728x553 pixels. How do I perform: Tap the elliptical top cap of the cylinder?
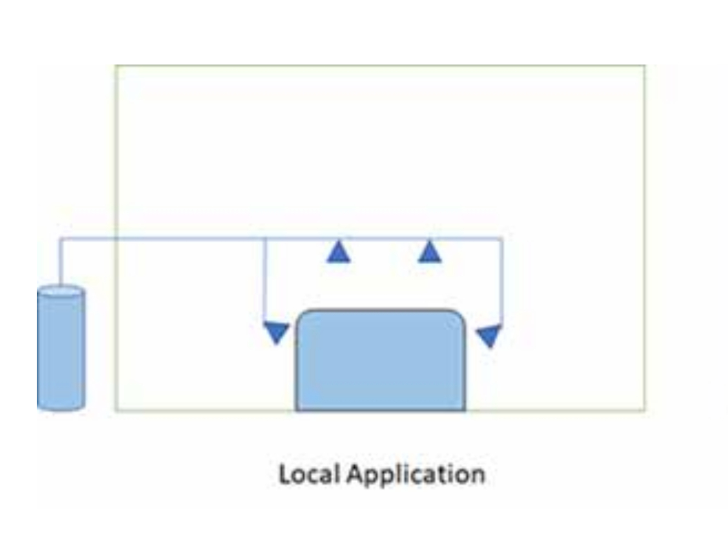(x=61, y=292)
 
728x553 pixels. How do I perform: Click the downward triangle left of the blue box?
(x=277, y=332)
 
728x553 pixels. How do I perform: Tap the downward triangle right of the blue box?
(x=488, y=335)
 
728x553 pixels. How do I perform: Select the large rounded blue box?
(x=380, y=362)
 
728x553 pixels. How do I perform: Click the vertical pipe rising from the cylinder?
(x=60, y=263)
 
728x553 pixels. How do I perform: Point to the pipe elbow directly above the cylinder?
(x=60, y=238)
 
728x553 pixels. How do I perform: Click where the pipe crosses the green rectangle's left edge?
(x=116, y=238)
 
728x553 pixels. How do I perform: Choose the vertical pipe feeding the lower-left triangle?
(x=265, y=280)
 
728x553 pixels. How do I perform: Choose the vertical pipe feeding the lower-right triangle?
(x=502, y=280)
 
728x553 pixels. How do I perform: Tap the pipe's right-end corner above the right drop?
(x=502, y=238)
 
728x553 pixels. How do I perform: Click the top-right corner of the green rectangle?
(x=645, y=66)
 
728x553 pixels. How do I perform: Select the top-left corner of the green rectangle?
(x=116, y=66)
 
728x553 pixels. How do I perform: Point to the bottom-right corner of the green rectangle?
(x=645, y=409)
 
